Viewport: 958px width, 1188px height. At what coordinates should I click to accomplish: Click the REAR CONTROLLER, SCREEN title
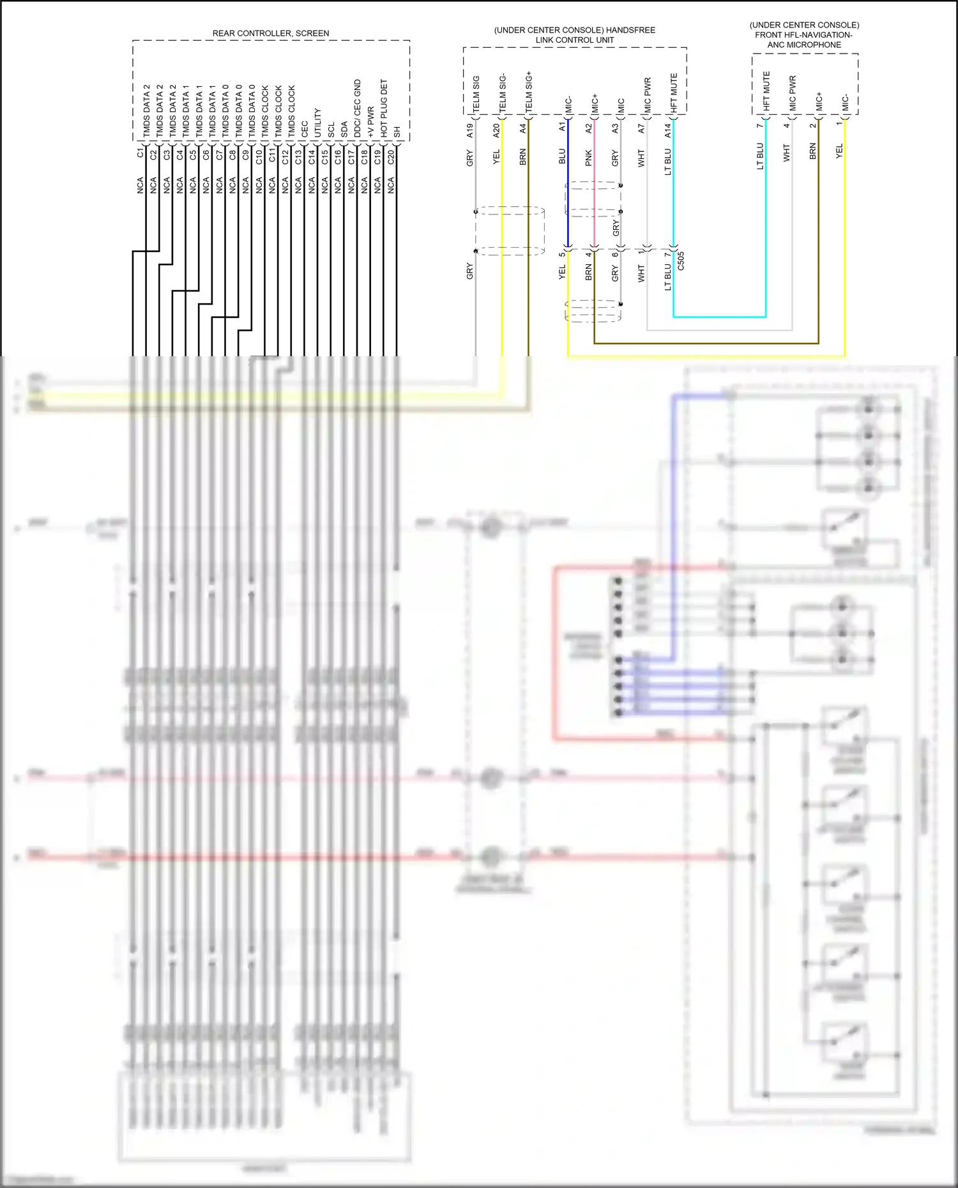[271, 33]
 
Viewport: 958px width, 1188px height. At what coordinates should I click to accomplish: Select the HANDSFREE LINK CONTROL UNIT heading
[574, 35]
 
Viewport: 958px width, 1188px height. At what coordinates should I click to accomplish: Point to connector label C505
[681, 261]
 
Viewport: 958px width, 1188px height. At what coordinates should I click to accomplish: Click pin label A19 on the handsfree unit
[470, 130]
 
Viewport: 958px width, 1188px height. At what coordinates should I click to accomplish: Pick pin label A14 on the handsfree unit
[668, 130]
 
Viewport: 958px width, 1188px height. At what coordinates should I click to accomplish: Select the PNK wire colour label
[589, 158]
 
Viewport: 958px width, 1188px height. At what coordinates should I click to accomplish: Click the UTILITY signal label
[317, 123]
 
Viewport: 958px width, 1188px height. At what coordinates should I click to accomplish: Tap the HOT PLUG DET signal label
[384, 108]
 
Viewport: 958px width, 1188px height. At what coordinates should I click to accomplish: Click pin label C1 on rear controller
[141, 153]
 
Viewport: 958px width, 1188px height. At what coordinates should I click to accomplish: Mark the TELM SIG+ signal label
[529, 93]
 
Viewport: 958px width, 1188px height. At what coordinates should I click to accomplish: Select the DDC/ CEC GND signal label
[357, 108]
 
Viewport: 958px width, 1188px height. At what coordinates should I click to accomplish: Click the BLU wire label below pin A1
[562, 156]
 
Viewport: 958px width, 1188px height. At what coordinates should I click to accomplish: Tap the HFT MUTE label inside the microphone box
[766, 91]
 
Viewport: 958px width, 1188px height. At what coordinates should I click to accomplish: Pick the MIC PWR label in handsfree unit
[648, 96]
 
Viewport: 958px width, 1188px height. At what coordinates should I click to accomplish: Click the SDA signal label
[344, 130]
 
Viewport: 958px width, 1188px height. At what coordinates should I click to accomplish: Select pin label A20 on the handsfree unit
[497, 130]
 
